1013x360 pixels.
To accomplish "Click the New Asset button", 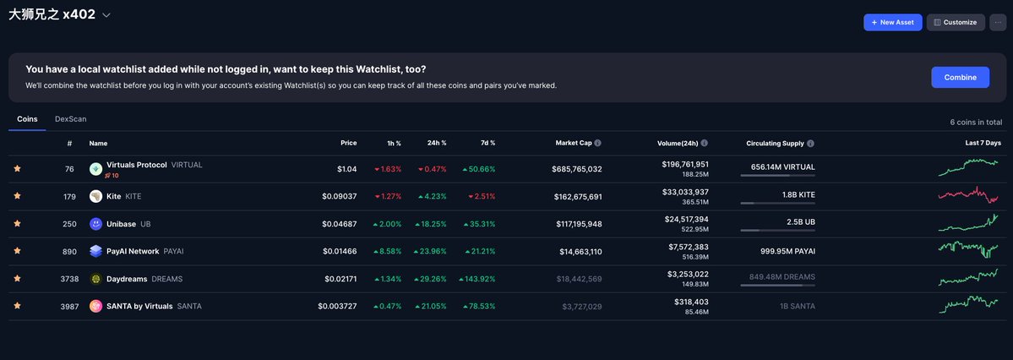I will (892, 22).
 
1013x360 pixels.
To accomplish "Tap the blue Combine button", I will (960, 77).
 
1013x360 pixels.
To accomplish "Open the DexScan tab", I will (70, 119).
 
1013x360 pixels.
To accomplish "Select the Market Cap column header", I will (574, 143).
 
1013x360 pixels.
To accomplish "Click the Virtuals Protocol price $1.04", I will (346, 169).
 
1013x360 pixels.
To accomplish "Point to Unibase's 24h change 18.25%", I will (433, 224).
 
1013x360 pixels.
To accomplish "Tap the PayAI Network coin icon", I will (95, 251).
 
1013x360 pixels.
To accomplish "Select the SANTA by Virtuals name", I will (139, 306).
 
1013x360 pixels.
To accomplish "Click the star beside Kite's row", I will (17, 196).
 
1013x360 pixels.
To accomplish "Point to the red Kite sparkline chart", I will (968, 195).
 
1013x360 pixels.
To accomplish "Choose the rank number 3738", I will (69, 279).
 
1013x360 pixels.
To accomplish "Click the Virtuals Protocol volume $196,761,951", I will (685, 164).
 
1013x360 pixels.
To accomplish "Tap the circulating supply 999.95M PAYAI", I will (787, 251).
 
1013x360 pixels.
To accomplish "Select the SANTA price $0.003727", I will (337, 306).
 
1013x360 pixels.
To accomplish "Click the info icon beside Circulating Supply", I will (810, 144).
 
